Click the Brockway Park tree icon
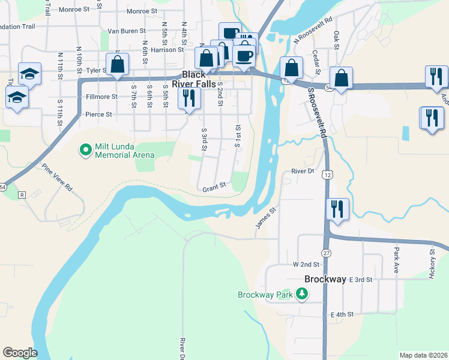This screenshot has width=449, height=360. tap(303, 294)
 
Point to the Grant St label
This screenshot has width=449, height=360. tap(214, 187)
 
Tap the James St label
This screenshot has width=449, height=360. tap(265, 217)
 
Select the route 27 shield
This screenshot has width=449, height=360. tap(326, 254)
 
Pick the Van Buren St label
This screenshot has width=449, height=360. tap(126, 31)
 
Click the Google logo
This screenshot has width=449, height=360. tap(20, 352)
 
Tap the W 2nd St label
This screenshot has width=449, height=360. tap(304, 265)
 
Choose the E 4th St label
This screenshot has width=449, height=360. tap(342, 314)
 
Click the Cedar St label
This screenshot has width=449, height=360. tap(316, 60)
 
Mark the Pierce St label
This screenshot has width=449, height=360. tap(98, 114)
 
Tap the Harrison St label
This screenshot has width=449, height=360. tap(166, 50)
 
